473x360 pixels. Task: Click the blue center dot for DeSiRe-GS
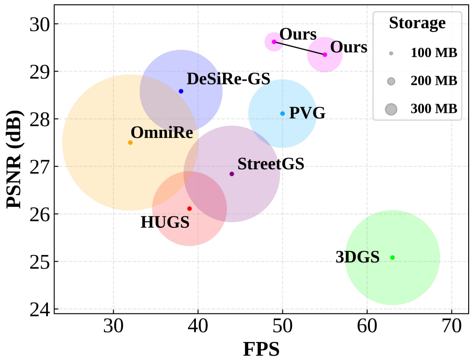click(181, 91)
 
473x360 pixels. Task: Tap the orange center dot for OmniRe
click(130, 142)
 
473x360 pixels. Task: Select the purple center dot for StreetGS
click(232, 174)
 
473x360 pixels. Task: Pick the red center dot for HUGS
click(189, 209)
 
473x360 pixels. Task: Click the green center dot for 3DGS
click(393, 257)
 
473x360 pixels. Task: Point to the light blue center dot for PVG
click(282, 114)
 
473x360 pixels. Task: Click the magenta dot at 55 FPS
click(325, 54)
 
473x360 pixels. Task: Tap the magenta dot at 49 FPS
click(274, 42)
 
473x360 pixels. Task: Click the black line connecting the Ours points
click(300, 48)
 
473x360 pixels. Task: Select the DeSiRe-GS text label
click(228, 79)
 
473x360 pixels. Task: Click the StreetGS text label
click(271, 164)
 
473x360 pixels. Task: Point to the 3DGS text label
click(357, 257)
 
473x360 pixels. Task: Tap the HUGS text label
click(165, 223)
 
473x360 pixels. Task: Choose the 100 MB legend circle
click(391, 54)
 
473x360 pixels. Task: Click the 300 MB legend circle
click(391, 109)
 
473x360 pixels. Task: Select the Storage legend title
click(417, 23)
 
